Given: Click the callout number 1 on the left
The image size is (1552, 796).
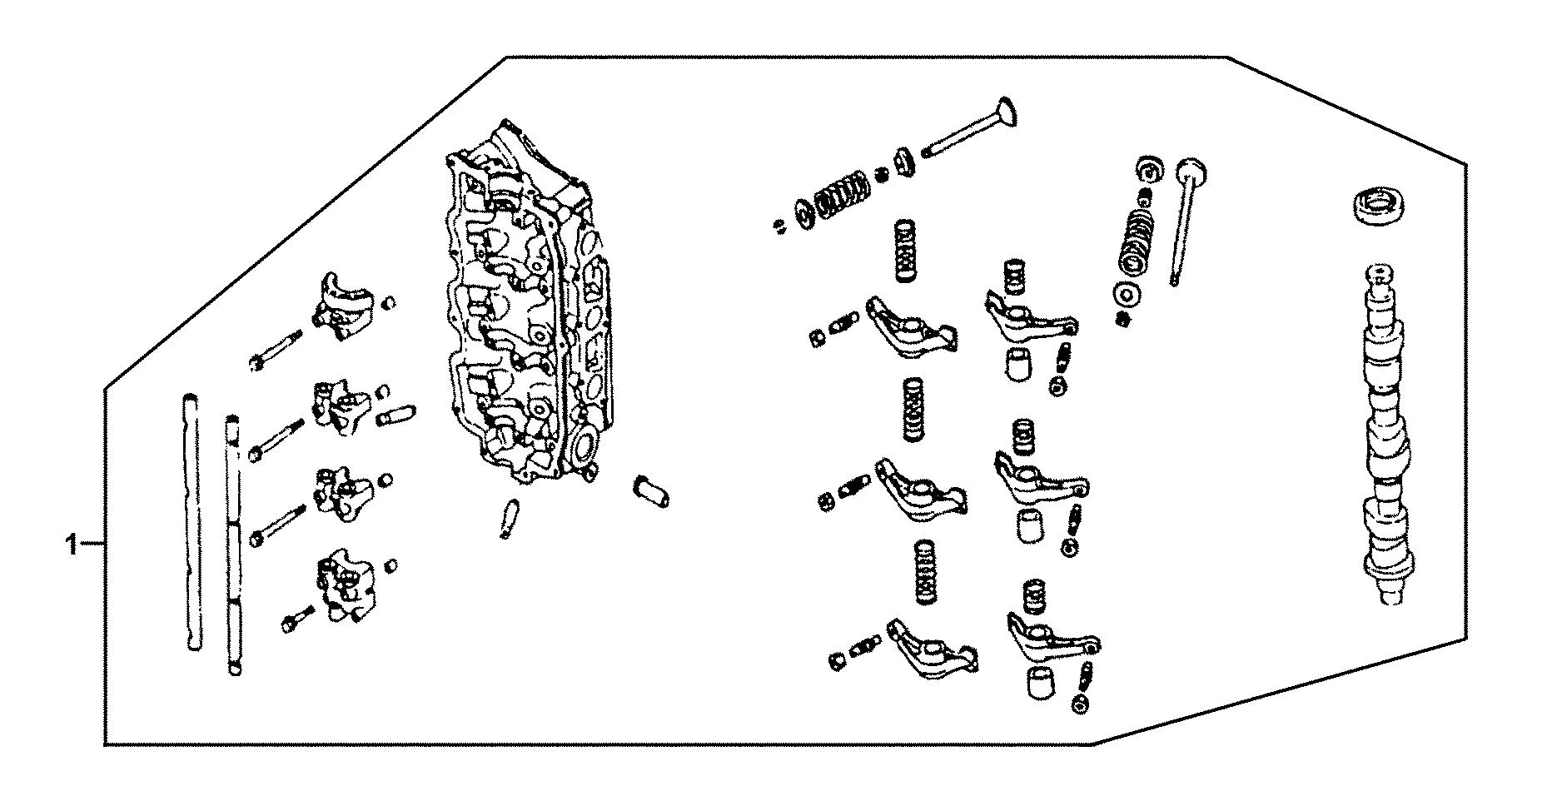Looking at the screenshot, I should pyautogui.click(x=72, y=545).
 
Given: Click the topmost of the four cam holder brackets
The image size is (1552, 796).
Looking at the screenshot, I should pyautogui.click(x=341, y=306).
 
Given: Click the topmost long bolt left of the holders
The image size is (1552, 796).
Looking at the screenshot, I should pyautogui.click(x=275, y=350).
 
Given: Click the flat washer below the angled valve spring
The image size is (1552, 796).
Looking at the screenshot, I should pyautogui.click(x=1129, y=295).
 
